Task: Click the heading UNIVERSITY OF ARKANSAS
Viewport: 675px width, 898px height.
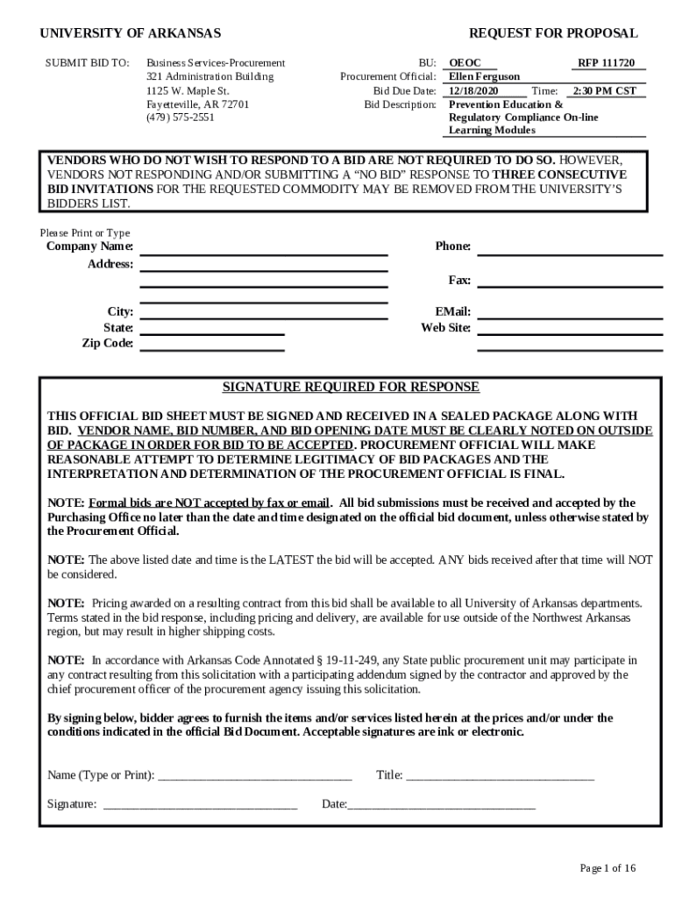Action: tap(131, 33)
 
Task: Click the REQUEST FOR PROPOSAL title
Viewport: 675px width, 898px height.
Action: tap(553, 33)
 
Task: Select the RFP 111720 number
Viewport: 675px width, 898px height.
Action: tap(606, 63)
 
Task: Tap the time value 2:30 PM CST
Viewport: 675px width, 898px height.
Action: tap(604, 90)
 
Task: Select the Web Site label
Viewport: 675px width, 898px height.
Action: tap(445, 328)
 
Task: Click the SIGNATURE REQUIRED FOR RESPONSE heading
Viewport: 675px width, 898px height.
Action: tap(351, 387)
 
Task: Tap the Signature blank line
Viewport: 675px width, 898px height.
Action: tap(200, 805)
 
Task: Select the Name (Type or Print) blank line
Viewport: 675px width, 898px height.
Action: tap(254, 775)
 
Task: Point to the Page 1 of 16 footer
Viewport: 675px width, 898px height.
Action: tap(607, 868)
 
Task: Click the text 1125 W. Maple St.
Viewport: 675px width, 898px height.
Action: tap(188, 90)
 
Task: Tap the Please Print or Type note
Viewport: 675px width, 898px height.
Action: tap(85, 232)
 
